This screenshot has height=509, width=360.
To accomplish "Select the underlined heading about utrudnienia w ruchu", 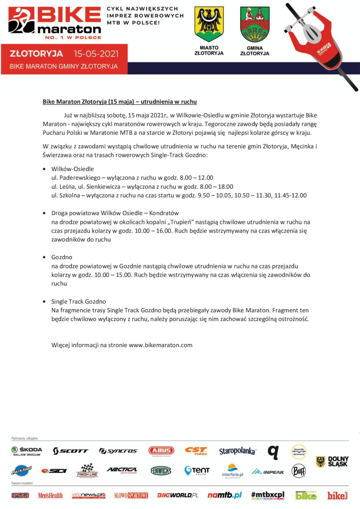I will pyautogui.click(x=120, y=102).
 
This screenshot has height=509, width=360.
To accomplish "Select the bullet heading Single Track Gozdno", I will pyautogui.click(x=78, y=301).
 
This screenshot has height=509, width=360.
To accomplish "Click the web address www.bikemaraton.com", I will pyautogui.click(x=160, y=345).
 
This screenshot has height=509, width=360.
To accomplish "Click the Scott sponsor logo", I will pyautogui.click(x=70, y=451).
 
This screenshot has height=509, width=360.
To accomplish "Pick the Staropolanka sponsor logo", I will pyautogui.click(x=238, y=451).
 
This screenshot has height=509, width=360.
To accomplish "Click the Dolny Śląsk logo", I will pyautogui.click(x=332, y=461).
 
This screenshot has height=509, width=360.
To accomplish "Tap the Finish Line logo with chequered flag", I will pyautogui.click(x=87, y=471).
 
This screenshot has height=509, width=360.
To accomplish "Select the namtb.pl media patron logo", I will pyautogui.click(x=224, y=495).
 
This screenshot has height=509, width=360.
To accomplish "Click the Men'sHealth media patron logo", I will pyautogui.click(x=50, y=496).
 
